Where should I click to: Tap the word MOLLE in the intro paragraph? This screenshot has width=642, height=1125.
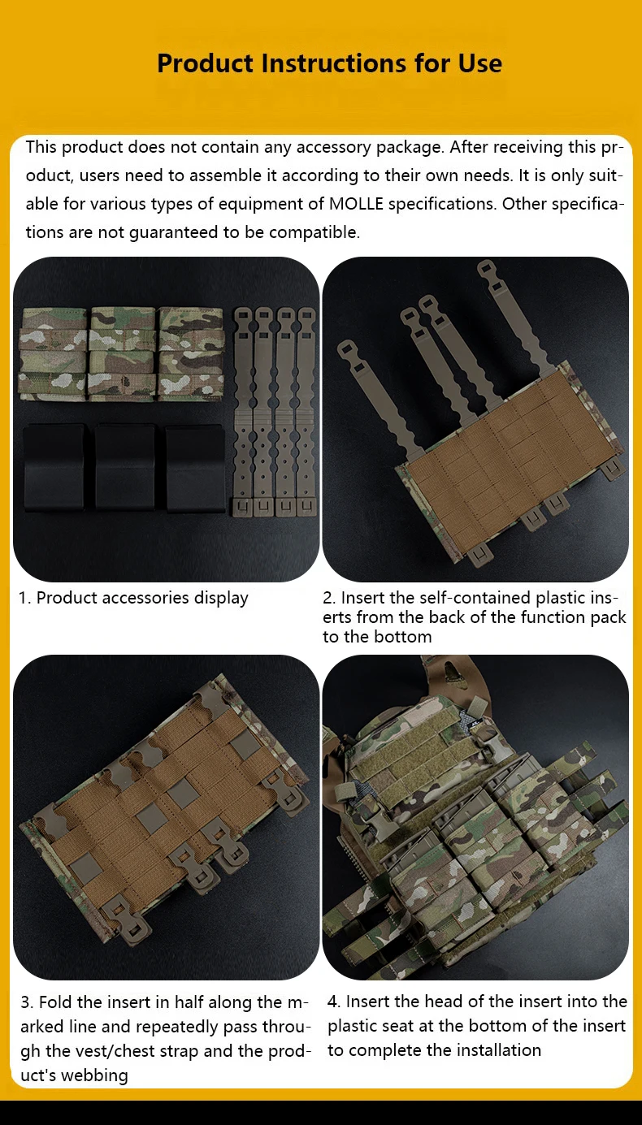point(356,204)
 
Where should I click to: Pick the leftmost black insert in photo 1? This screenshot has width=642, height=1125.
point(54,466)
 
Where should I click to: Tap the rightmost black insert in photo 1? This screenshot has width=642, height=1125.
point(195,468)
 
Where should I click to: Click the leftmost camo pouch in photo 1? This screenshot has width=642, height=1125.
point(53,354)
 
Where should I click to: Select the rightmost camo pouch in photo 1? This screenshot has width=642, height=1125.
point(190,354)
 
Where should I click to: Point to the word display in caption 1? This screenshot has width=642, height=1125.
point(221,598)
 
